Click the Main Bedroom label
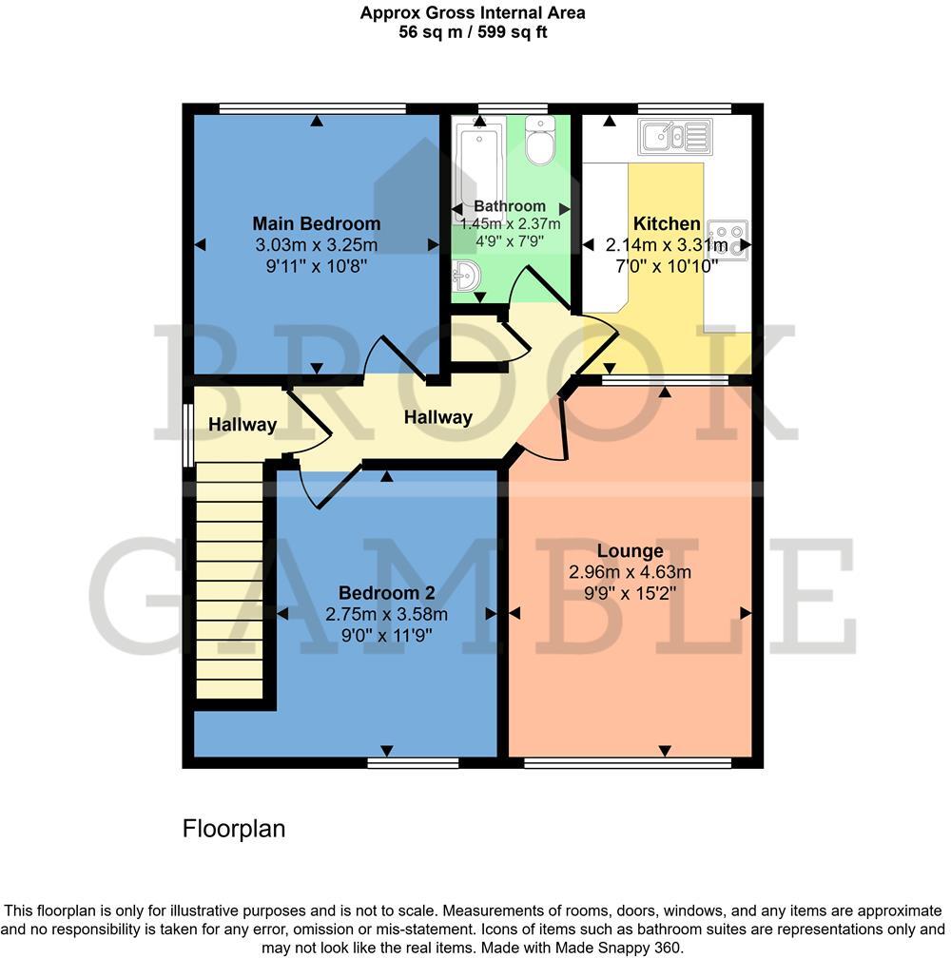316,224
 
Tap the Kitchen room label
667,224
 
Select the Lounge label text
630,551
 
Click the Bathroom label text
510,206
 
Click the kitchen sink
675,136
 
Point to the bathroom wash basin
467,277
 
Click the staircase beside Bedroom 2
228,580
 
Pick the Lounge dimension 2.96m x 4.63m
630,572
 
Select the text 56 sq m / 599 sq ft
473,32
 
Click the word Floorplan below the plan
234,829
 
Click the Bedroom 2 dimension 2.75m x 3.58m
386,614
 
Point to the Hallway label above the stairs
243,425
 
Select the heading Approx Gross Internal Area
473,13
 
